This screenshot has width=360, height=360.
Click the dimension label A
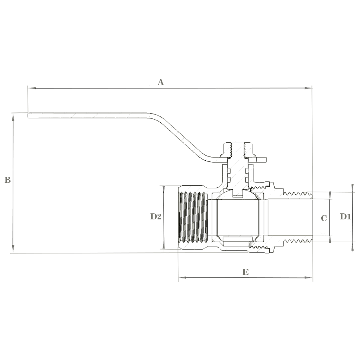coord(161,82)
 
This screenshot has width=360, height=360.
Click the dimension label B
coord(8,180)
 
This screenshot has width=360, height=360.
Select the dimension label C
coord(324,218)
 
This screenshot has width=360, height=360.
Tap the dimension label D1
coord(345,216)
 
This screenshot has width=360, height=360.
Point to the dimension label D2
coord(156,216)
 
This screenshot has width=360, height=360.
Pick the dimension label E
coord(245,272)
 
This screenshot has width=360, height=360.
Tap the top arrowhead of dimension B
coord(13,117)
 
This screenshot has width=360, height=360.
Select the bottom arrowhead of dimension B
coord(13,249)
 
